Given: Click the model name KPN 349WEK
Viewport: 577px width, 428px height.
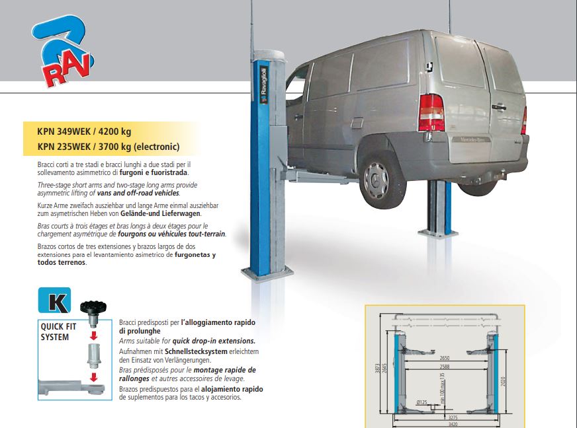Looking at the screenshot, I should click(x=67, y=131).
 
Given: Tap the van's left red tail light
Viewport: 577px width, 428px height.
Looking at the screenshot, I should click(x=431, y=112).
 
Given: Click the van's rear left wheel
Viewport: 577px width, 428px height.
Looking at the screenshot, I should click(x=378, y=177).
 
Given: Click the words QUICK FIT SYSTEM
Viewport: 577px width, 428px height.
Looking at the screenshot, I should click(x=55, y=332).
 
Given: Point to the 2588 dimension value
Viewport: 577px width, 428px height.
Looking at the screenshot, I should click(x=445, y=365).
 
